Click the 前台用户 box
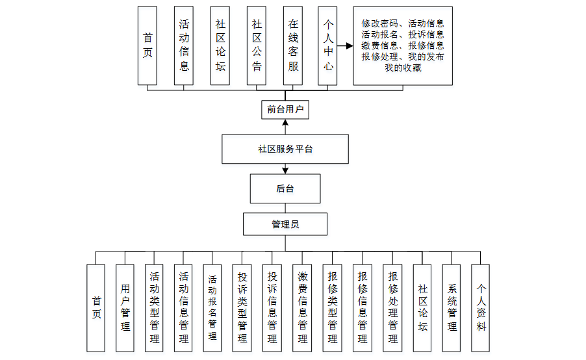pyautogui.click(x=285, y=109)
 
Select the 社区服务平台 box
pyautogui.click(x=285, y=149)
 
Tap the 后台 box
pyautogui.click(x=285, y=188)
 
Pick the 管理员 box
pyautogui.click(x=285, y=224)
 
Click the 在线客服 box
pyautogui.click(x=293, y=45)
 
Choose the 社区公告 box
pyautogui.click(x=257, y=45)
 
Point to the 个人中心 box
pyautogui.click(x=328, y=45)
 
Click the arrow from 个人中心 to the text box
pyautogui.click(x=345, y=46)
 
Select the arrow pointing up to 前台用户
pyautogui.click(x=285, y=126)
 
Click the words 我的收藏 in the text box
pyautogui.click(x=403, y=68)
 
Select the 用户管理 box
pyautogui.click(x=125, y=308)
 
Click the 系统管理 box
pyautogui.click(x=452, y=308)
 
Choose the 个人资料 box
pyautogui.click(x=481, y=308)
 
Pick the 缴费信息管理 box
pyautogui.click(x=302, y=308)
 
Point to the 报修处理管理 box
pyautogui.click(x=392, y=308)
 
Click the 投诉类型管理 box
pyautogui.click(x=242, y=308)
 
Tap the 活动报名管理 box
pyautogui.click(x=212, y=308)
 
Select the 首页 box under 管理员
pyautogui.click(x=96, y=308)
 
